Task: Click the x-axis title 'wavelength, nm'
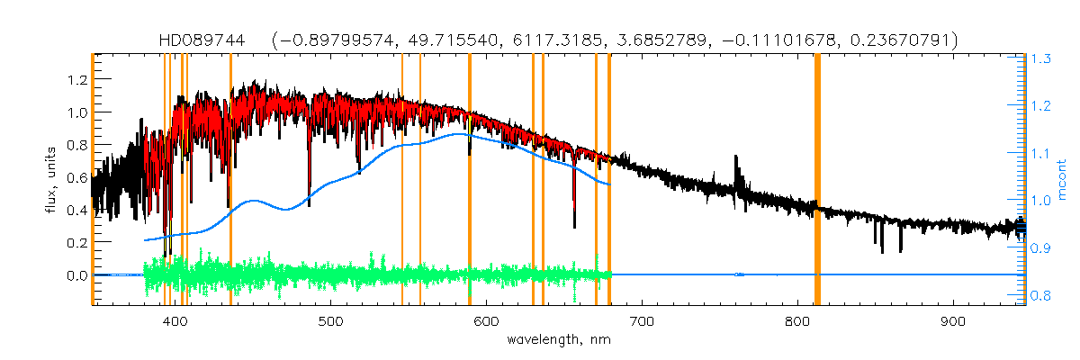(x=558, y=340)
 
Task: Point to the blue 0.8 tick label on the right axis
(x=1041, y=294)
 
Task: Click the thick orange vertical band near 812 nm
(x=817, y=180)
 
